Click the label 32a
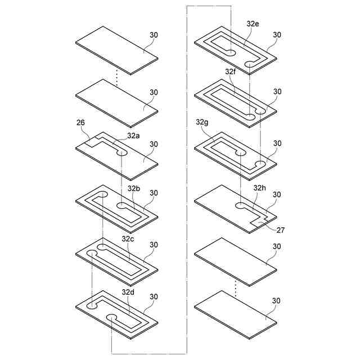click(133, 135)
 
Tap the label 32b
click(134, 188)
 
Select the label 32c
click(128, 238)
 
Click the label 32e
click(253, 24)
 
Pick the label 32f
click(231, 72)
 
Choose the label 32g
click(202, 122)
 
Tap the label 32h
click(260, 187)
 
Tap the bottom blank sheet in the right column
click(235, 314)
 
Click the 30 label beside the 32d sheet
click(154, 296)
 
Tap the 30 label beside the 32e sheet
click(277, 35)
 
